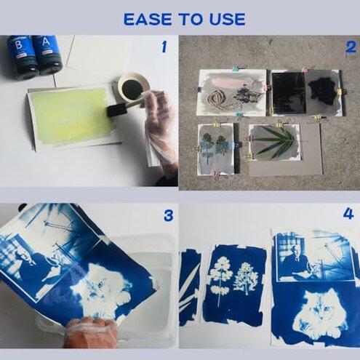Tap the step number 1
pyautogui.click(x=164, y=47)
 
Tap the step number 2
pyautogui.click(x=350, y=48)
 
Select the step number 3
pyautogui.click(x=168, y=216)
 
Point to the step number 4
pyautogui.click(x=348, y=214)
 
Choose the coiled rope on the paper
pyautogui.click(x=217, y=97)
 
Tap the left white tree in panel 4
pyautogui.click(x=219, y=280)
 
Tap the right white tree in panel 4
pyautogui.click(x=245, y=279)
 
